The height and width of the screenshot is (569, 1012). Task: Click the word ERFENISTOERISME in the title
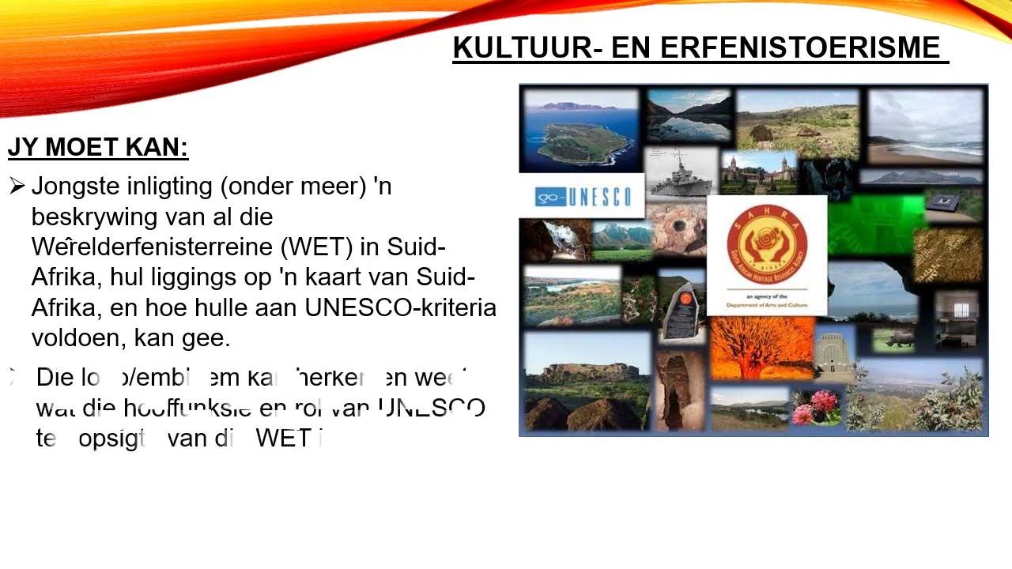(799, 47)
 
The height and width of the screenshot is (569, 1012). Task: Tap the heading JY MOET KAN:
(98, 147)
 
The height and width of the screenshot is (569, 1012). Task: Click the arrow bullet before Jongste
(17, 187)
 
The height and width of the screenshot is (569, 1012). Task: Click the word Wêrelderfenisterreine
(153, 247)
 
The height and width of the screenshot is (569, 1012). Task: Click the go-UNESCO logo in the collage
(582, 196)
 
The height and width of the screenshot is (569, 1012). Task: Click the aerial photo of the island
(581, 130)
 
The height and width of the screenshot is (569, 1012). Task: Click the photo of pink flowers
(817, 407)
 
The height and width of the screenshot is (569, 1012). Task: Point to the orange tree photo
(761, 348)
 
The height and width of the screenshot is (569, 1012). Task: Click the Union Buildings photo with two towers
(759, 172)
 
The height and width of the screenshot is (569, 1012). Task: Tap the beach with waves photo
(925, 126)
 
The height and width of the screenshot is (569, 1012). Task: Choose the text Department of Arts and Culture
(767, 302)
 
